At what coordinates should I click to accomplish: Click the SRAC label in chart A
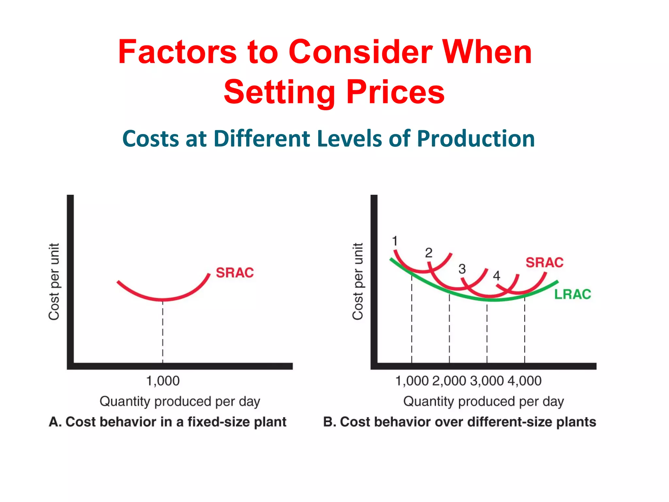pyautogui.click(x=235, y=273)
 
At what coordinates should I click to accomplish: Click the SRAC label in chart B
pyautogui.click(x=544, y=262)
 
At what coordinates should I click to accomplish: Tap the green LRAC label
pyautogui.click(x=572, y=294)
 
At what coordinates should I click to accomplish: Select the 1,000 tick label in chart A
pyautogui.click(x=163, y=381)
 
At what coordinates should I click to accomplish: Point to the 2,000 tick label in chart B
pyautogui.click(x=449, y=381)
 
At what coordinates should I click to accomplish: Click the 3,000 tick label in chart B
pyautogui.click(x=487, y=381)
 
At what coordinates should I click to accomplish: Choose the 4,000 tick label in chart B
pyautogui.click(x=525, y=381)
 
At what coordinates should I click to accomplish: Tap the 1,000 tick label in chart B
pyautogui.click(x=412, y=381)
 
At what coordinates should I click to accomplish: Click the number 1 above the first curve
pyautogui.click(x=395, y=241)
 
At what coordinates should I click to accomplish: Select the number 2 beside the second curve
pyautogui.click(x=429, y=253)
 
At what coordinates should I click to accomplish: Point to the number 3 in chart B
pyautogui.click(x=462, y=269)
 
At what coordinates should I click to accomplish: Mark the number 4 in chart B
pyautogui.click(x=497, y=276)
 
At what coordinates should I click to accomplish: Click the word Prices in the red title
pyautogui.click(x=395, y=92)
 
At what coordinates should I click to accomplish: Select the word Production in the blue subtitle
pyautogui.click(x=476, y=139)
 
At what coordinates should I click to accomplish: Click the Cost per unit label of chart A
pyautogui.click(x=54, y=281)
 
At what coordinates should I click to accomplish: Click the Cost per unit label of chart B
pyautogui.click(x=358, y=281)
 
